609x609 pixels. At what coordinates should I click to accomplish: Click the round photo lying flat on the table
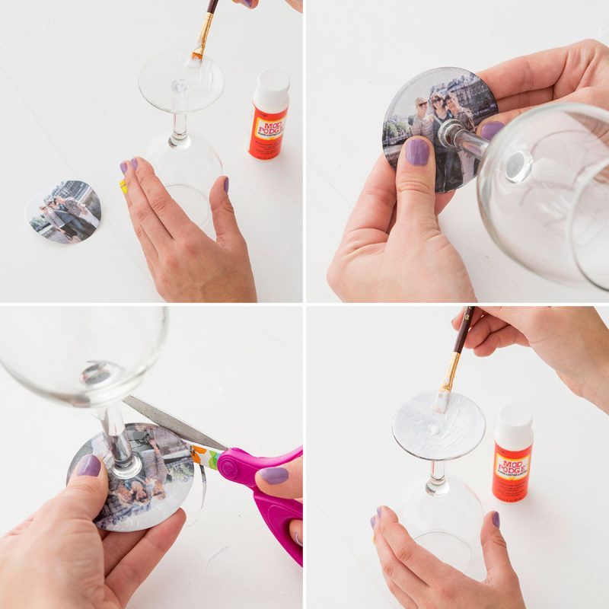64,211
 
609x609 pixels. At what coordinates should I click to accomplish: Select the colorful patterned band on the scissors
208,455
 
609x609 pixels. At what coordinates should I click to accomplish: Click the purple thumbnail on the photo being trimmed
89,465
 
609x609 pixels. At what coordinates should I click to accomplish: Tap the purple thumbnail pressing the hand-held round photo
416,151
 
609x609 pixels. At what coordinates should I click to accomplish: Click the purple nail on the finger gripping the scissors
273,476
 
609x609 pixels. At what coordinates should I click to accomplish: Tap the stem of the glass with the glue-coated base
436,477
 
